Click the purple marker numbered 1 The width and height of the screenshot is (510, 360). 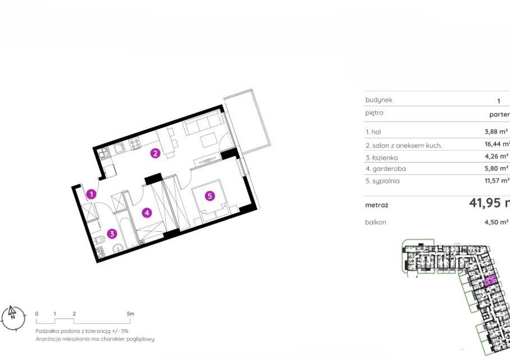click(x=92, y=195)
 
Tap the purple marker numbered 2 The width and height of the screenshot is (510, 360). click(x=155, y=152)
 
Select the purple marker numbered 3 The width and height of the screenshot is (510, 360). click(x=112, y=233)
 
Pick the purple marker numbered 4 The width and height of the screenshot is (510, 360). click(x=146, y=213)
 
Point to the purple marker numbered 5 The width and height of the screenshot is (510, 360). click(x=210, y=196)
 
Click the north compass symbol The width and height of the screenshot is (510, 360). click(x=13, y=318)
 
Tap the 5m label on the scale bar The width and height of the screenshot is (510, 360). click(x=130, y=314)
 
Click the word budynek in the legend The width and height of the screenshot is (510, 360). click(x=378, y=100)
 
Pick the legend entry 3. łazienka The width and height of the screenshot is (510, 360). click(x=385, y=157)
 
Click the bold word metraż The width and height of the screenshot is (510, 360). click(x=377, y=205)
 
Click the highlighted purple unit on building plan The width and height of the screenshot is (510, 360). click(x=489, y=280)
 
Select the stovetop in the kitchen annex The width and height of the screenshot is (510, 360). click(x=136, y=145)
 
